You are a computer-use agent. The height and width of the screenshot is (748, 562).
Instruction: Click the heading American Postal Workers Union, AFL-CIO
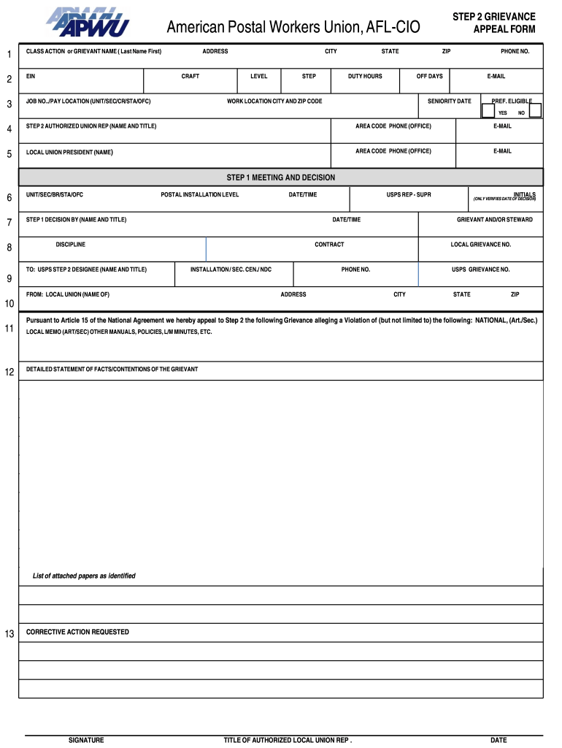293,28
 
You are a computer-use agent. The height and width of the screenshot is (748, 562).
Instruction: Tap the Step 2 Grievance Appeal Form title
493,23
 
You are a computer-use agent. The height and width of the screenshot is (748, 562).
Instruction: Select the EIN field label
31,76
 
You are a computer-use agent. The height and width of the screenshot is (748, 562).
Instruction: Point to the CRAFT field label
190,76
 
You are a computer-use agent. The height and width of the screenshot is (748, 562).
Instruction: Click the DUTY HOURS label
365,76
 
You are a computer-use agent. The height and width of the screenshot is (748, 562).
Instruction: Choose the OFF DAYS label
429,76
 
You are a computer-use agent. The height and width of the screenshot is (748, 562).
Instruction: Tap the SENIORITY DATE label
449,101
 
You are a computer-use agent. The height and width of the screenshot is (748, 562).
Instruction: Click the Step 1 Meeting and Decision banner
280,178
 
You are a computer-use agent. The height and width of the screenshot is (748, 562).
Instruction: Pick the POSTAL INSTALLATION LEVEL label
199,195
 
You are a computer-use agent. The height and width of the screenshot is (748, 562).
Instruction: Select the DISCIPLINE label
70,245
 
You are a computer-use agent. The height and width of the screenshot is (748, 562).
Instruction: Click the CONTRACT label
329,245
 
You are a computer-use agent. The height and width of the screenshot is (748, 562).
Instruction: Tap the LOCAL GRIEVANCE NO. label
480,245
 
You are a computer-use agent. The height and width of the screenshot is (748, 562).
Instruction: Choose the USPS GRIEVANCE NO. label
480,270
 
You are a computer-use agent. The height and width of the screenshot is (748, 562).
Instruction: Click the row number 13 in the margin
9,634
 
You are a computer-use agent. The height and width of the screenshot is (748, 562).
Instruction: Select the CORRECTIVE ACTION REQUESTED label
77,632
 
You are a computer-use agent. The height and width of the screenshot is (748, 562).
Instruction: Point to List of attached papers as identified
84,576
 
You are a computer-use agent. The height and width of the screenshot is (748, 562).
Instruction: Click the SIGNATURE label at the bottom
86,740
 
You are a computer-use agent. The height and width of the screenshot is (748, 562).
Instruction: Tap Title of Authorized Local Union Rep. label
288,740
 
